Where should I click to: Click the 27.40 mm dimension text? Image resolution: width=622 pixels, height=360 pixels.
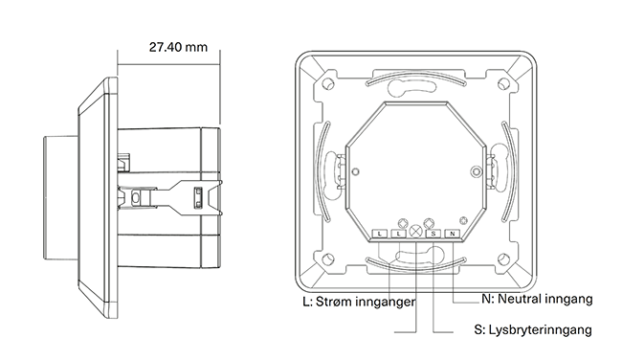click(x=178, y=47)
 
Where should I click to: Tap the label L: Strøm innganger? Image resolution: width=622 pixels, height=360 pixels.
click(x=360, y=302)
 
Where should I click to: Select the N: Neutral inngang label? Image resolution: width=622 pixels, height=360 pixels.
click(x=537, y=299)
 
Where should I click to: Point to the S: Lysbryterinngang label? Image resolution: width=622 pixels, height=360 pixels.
click(x=533, y=329)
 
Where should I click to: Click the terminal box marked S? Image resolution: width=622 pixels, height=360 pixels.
click(x=433, y=234)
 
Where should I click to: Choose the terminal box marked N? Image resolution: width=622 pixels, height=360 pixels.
click(x=453, y=234)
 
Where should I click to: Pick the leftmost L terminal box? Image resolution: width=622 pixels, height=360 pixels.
click(x=380, y=234)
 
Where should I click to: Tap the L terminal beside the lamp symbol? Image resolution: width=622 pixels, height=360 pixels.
click(x=399, y=234)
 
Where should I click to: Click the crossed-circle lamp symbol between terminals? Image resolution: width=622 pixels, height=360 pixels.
click(x=415, y=232)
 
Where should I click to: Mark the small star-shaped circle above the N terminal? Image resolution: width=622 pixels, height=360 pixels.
click(x=463, y=220)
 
